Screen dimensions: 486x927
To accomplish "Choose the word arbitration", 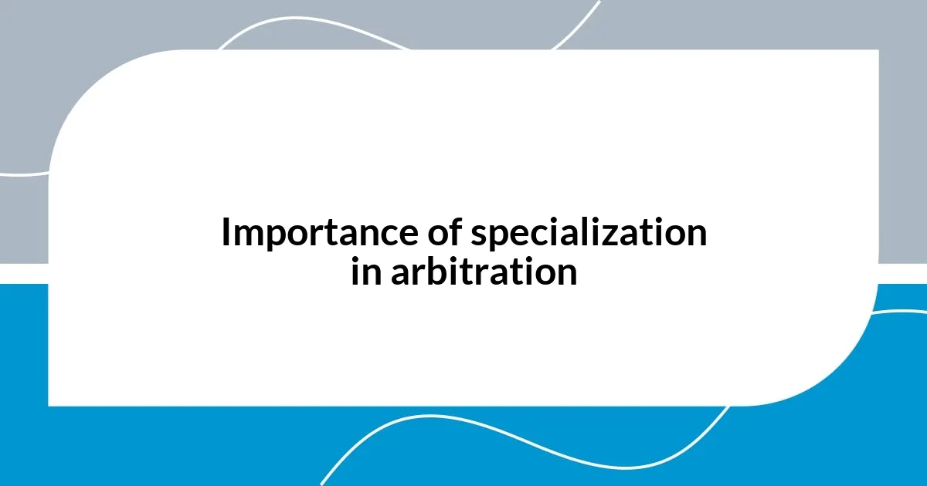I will click(484, 272).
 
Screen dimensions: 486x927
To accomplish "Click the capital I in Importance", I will click(226, 234).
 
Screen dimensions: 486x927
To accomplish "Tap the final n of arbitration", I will click(567, 273).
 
